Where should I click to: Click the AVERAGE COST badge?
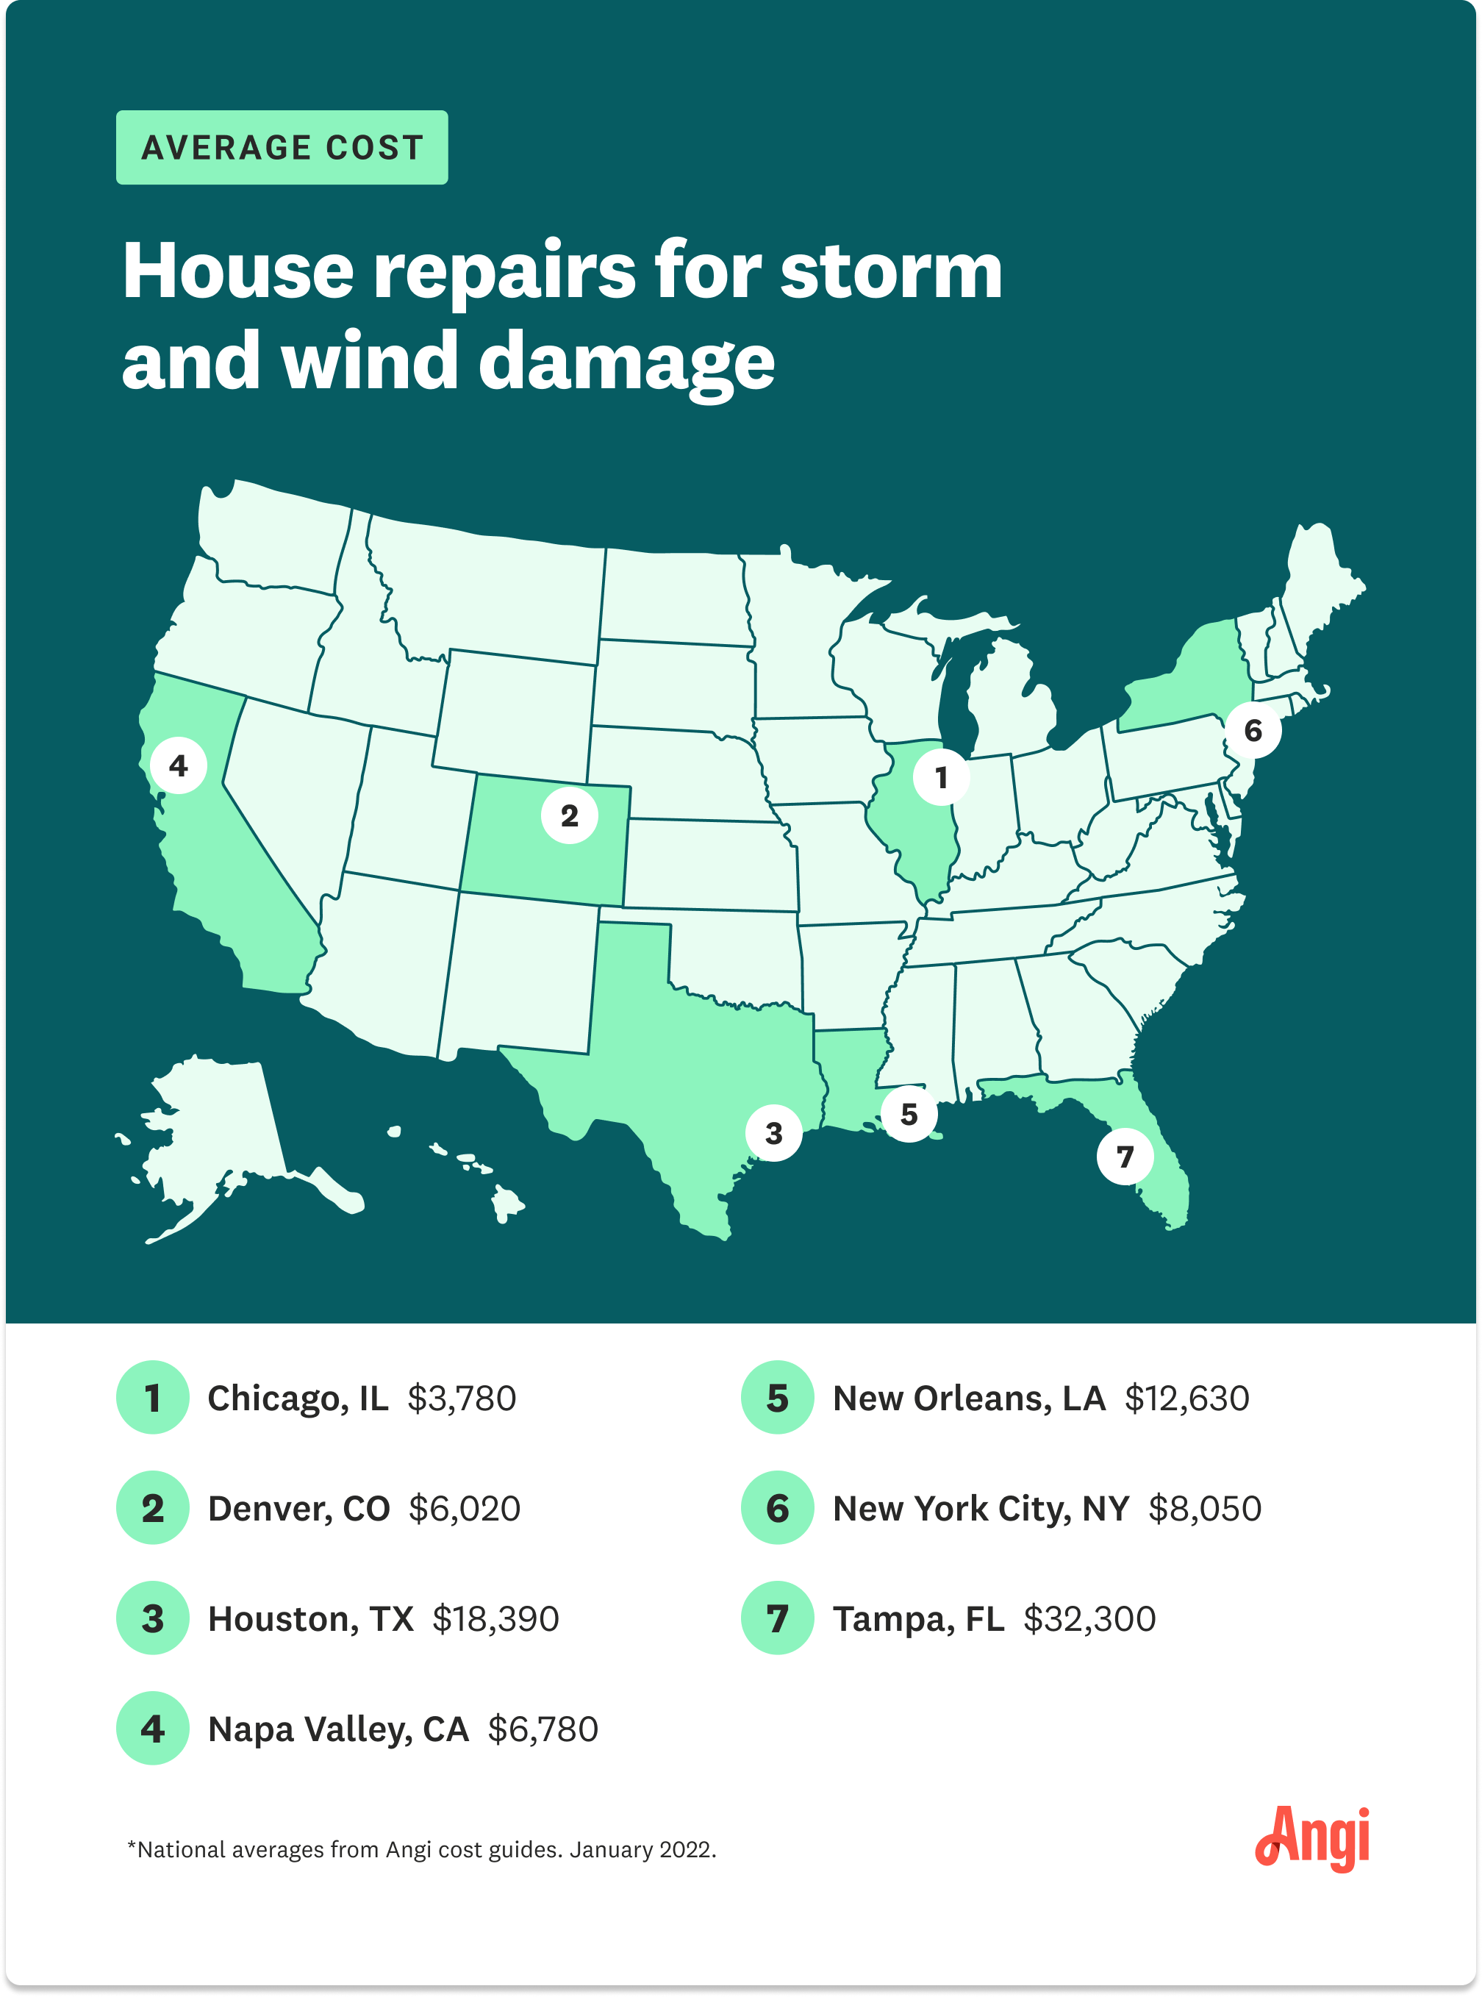point(282,147)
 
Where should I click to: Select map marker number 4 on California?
point(179,765)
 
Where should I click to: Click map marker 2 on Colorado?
point(569,815)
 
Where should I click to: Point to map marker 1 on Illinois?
point(941,777)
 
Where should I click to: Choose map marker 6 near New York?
point(1253,730)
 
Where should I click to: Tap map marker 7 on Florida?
point(1124,1157)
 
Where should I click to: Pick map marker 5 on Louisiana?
point(909,1113)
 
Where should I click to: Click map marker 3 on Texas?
point(773,1133)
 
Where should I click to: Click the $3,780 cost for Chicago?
point(461,1398)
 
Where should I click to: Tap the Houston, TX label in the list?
point(310,1618)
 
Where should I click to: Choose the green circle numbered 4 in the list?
point(152,1728)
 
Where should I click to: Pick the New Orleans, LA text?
point(968,1398)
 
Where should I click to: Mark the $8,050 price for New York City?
point(1204,1508)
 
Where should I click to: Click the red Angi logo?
point(1311,1838)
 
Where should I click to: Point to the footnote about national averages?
point(422,1849)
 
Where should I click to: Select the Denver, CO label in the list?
point(298,1508)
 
